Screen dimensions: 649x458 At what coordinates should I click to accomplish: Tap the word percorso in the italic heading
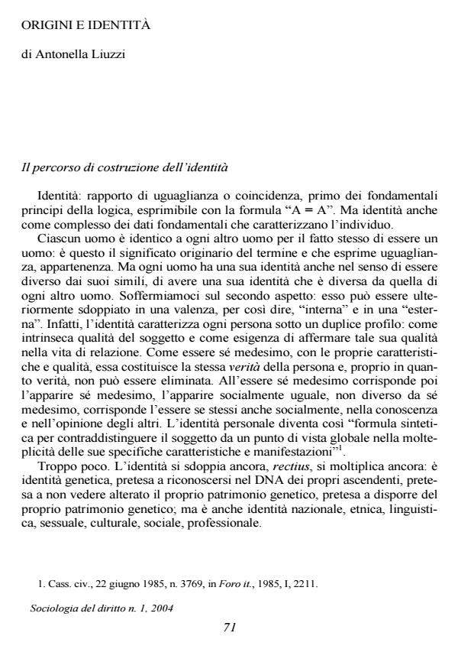(x=52, y=167)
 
